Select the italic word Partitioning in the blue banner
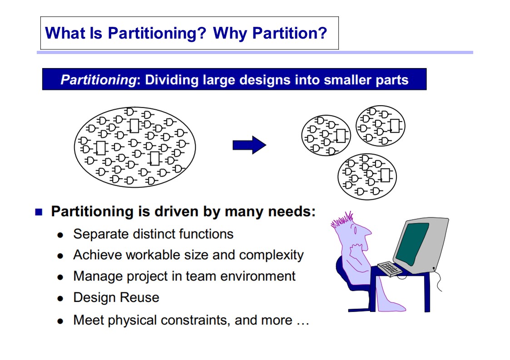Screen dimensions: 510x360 click(98, 80)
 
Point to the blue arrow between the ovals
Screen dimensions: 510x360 click(249, 145)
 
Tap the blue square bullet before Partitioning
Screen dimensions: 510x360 click(39, 212)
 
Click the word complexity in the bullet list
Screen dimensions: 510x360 click(271, 255)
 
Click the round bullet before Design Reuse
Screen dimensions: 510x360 click(60, 298)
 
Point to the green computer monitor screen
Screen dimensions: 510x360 click(412, 243)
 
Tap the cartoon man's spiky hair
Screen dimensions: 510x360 click(342, 220)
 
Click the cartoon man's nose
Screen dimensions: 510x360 click(367, 232)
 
